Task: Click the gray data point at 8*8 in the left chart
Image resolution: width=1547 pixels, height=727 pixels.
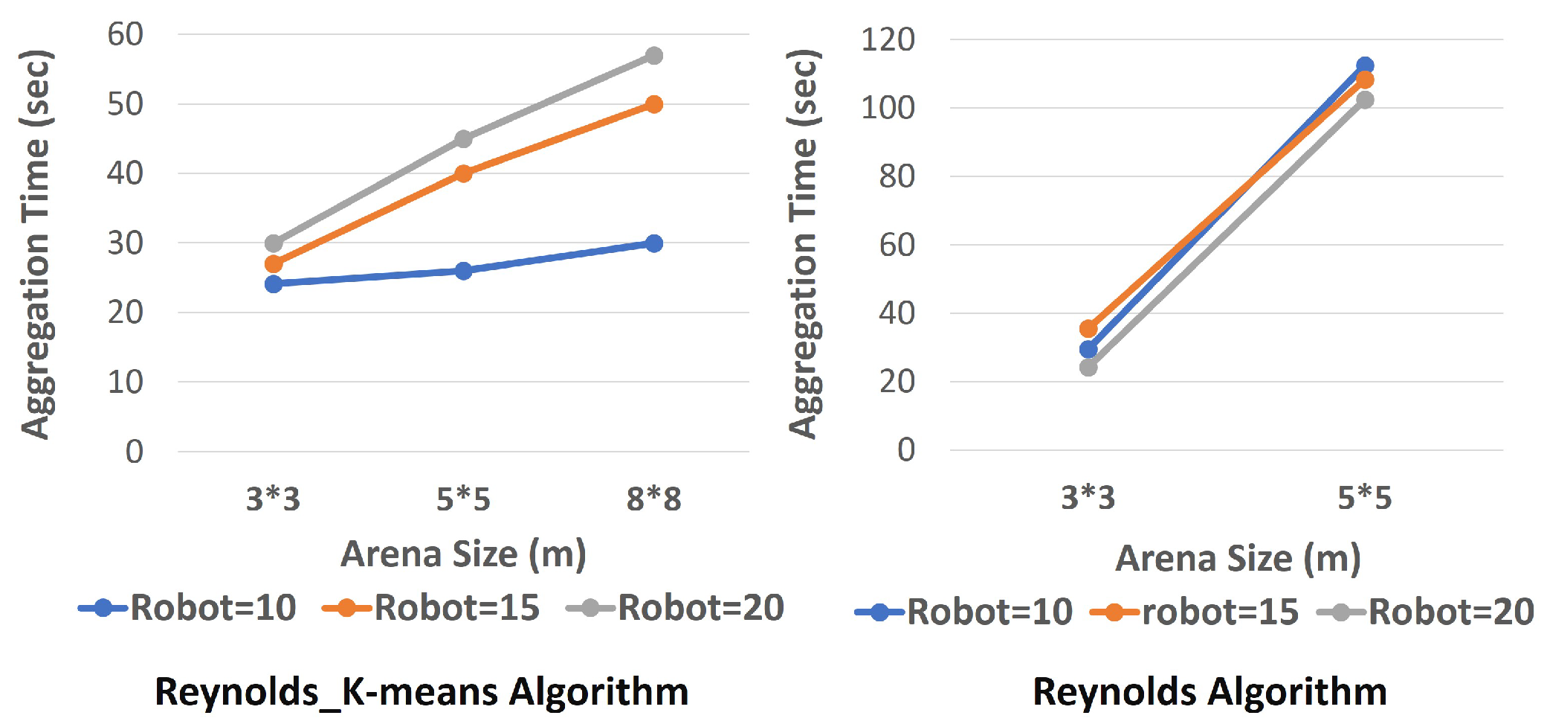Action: [653, 56]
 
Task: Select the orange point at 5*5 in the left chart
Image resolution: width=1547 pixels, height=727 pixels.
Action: [463, 173]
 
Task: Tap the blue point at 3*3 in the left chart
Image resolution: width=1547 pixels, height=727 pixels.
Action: [274, 284]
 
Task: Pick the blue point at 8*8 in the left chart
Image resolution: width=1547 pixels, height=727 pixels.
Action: [653, 243]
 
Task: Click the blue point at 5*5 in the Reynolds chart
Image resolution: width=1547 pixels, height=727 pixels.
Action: [1364, 65]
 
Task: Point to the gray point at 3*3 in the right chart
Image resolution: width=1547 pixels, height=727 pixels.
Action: [1088, 367]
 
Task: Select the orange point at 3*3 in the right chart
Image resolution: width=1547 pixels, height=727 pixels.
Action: [1088, 328]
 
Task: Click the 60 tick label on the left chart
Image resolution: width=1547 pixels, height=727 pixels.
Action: [125, 34]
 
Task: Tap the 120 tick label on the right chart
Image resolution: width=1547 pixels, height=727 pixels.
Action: [888, 39]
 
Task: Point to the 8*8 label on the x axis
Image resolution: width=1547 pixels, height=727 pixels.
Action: [653, 499]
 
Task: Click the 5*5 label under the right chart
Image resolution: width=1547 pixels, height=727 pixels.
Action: [1364, 497]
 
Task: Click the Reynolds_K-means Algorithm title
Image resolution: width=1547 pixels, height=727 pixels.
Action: [422, 691]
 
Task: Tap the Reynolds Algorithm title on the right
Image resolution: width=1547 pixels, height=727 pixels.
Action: [1209, 691]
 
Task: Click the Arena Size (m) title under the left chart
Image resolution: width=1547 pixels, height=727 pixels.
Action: [463, 554]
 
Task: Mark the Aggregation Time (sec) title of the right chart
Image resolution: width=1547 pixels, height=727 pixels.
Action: [804, 244]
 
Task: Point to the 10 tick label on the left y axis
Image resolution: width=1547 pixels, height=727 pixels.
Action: [125, 382]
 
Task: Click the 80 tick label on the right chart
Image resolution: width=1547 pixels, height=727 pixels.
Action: [897, 176]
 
